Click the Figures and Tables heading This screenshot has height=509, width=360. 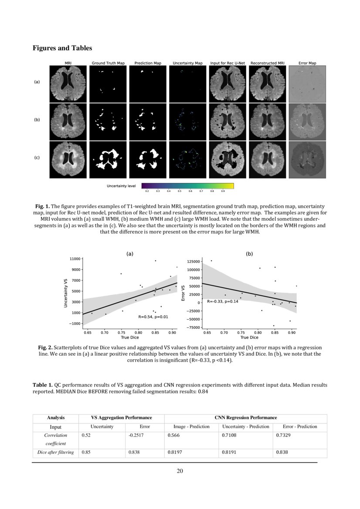tap(62, 48)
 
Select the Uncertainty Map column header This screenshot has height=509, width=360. tap(187, 64)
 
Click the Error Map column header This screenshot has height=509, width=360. tap(307, 64)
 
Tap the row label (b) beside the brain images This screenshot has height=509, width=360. tap(37, 119)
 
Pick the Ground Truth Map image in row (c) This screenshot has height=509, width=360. tap(108, 159)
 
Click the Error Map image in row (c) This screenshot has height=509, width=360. tap(307, 159)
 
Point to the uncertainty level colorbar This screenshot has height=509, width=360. tap(187, 186)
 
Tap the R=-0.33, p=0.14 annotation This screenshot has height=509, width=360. tap(222, 301)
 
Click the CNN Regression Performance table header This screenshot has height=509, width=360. tap(245, 418)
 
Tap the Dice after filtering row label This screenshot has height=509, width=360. tap(55, 452)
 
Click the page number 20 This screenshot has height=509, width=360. tap(180, 471)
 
